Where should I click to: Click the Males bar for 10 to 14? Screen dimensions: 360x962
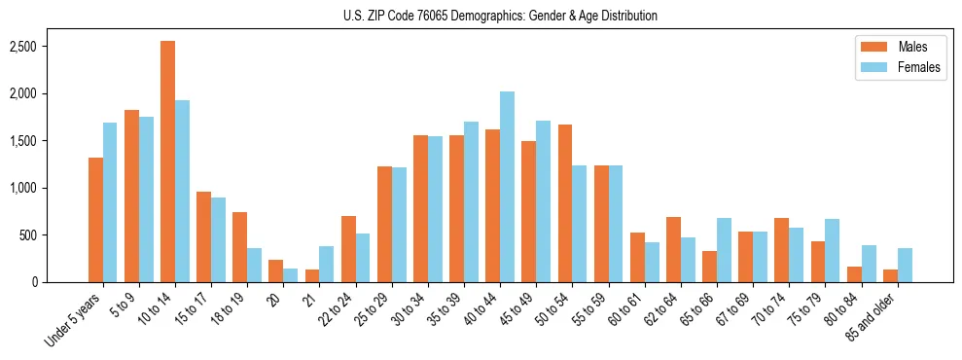[x=167, y=162]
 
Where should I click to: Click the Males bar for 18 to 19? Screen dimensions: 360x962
[x=239, y=247]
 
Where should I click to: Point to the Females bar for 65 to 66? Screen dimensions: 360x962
[x=724, y=250]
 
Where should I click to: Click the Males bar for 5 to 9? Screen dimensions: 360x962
[x=131, y=196]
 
